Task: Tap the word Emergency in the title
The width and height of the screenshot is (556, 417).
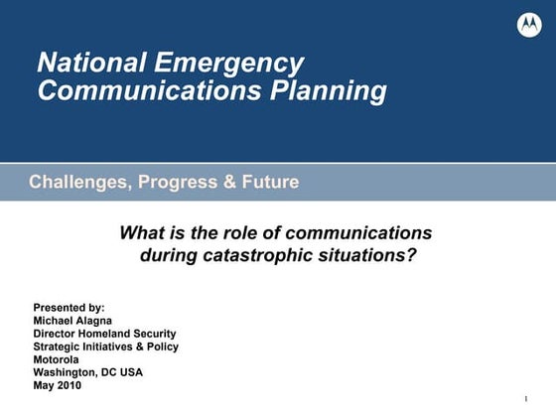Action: click(x=229, y=64)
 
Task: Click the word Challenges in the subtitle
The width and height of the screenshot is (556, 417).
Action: click(x=78, y=183)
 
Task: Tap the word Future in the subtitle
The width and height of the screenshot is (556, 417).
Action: click(x=268, y=183)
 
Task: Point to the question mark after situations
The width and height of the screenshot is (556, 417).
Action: click(x=410, y=255)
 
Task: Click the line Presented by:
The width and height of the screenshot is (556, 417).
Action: click(x=69, y=308)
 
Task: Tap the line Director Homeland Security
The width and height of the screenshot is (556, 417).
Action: click(x=104, y=334)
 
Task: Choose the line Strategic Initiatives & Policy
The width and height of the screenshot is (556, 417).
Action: click(x=105, y=347)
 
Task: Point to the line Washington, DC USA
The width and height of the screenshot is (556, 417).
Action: click(x=87, y=372)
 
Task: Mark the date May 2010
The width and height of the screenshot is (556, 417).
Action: click(x=58, y=385)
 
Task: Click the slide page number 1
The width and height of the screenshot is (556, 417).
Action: click(x=523, y=399)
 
